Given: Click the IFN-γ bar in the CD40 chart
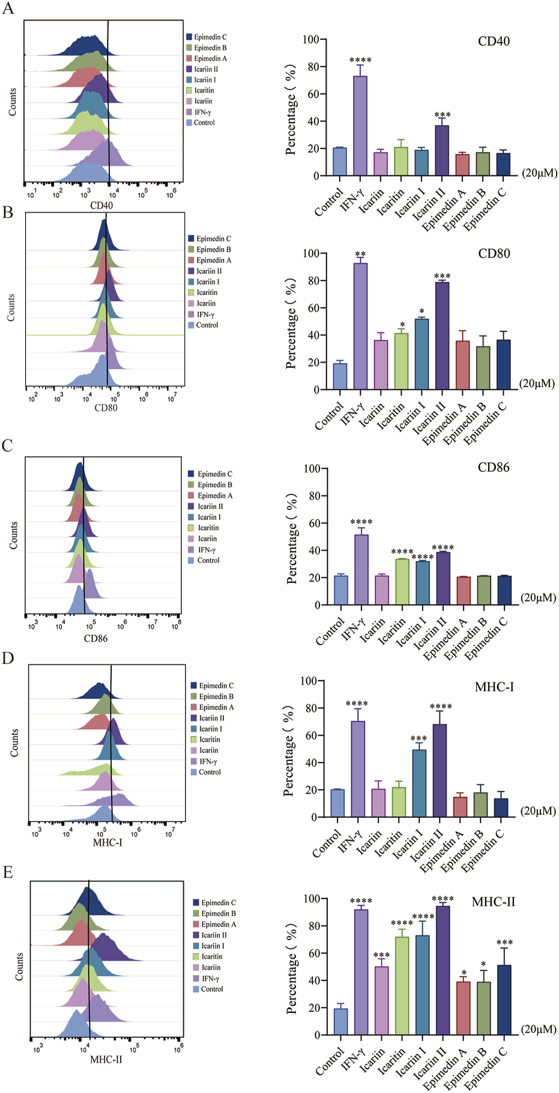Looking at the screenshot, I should (360, 126).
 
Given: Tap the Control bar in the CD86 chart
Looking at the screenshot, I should (340, 590).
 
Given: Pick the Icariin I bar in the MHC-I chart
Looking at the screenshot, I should (419, 783).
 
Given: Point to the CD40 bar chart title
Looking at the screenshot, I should (494, 41).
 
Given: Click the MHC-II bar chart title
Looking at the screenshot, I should (493, 901).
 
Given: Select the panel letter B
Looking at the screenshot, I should (8, 213).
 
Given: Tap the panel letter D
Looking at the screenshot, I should (8, 658).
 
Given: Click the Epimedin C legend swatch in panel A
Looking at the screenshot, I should (189, 37).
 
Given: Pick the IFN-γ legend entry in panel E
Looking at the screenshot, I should (210, 978).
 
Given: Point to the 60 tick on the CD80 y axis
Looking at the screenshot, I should (311, 308).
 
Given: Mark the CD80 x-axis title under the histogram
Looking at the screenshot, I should (106, 408).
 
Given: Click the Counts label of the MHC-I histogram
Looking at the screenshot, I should (14, 743).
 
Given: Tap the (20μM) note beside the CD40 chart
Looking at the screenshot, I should (539, 173).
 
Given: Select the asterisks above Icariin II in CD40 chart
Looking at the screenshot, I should (442, 115).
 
